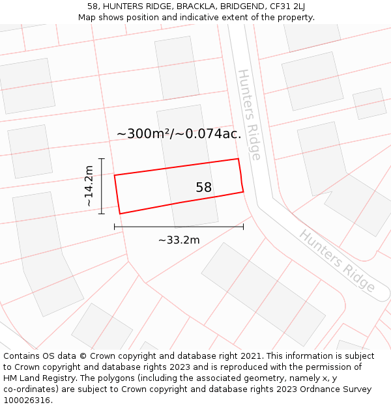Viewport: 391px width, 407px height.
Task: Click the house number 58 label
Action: click(x=204, y=188)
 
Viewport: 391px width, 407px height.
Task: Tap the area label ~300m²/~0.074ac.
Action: click(x=179, y=134)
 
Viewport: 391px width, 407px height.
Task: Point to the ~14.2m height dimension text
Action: click(x=89, y=186)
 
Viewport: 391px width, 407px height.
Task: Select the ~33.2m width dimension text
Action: click(x=179, y=240)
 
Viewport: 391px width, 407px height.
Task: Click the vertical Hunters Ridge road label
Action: click(x=249, y=115)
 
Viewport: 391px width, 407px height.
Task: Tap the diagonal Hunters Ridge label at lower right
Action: click(x=338, y=260)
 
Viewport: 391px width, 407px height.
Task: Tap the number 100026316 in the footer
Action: click(x=25, y=400)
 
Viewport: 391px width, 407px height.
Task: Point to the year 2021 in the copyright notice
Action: click(x=250, y=356)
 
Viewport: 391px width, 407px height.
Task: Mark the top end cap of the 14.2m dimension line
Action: click(x=101, y=158)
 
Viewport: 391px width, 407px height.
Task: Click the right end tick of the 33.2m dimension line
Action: click(x=244, y=227)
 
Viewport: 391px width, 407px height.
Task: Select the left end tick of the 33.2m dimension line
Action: click(x=115, y=227)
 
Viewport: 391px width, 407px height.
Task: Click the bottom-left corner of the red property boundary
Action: click(x=120, y=214)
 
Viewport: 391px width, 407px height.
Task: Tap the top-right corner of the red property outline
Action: click(x=239, y=159)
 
